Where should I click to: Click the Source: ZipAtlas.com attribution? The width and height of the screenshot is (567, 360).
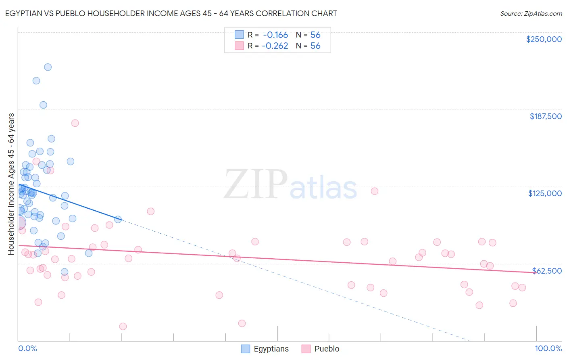tap(531, 13)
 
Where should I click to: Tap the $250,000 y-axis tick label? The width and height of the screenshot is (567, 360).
tap(544, 39)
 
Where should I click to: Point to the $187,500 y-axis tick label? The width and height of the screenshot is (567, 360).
tap(545, 116)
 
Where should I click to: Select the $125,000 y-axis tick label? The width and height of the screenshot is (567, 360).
tap(545, 193)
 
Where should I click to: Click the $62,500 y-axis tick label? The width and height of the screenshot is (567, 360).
tap(546, 271)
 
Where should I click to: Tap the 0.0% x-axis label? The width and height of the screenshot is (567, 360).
tap(27, 348)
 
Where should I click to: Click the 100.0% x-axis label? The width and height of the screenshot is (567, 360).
tap(548, 348)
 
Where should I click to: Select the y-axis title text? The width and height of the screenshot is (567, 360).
tap(11, 184)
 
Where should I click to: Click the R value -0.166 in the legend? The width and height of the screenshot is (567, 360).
tap(275, 35)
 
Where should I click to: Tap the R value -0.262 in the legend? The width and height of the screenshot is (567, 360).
tap(275, 46)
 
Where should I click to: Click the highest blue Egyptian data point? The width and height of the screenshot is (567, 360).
tap(48, 67)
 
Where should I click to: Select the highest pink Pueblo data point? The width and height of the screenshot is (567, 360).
tap(75, 123)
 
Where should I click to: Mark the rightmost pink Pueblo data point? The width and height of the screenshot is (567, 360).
tap(522, 288)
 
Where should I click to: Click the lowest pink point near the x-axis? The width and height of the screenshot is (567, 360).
tap(123, 327)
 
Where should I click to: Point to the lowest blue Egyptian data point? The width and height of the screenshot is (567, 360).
tap(65, 272)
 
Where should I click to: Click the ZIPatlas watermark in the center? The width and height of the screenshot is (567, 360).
tap(290, 185)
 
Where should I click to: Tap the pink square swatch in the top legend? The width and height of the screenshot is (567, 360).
tap(239, 46)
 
